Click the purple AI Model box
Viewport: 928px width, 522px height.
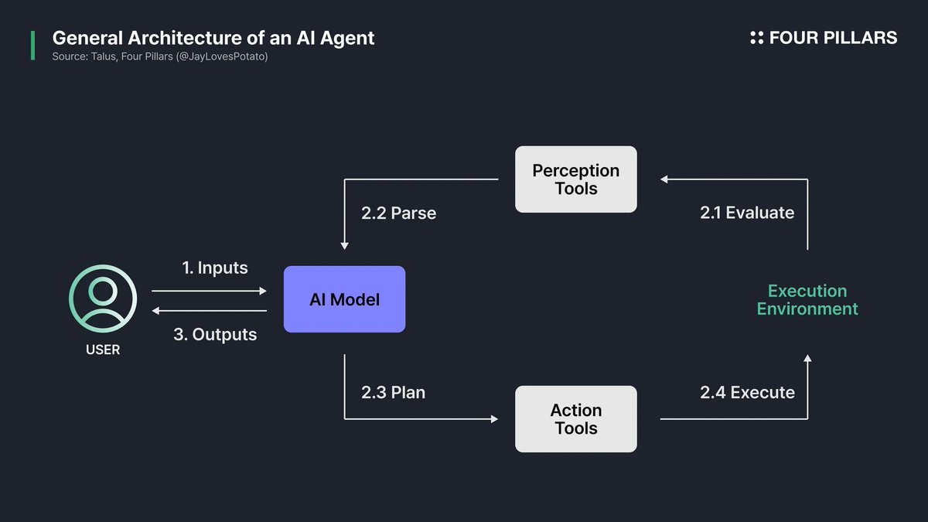344,299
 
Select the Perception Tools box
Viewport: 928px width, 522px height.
576,179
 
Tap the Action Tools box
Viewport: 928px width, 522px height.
576,419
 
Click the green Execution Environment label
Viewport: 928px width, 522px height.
807,300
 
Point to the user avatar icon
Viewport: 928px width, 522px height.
103,299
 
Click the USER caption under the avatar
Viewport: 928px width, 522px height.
103,350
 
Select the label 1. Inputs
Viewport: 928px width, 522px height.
215,268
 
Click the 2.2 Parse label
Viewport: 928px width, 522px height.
398,213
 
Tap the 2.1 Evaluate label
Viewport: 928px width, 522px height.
747,213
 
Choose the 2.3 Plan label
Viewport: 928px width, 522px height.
393,392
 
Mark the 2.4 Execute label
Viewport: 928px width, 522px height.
747,392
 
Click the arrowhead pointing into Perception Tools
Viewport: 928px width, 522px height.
664,179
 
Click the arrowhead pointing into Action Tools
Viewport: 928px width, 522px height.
494,419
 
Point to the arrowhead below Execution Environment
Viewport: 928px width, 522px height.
807,359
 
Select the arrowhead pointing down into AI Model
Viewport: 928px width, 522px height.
344,245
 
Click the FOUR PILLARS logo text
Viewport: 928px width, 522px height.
833,38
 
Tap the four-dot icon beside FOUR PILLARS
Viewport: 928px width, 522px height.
756,38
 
